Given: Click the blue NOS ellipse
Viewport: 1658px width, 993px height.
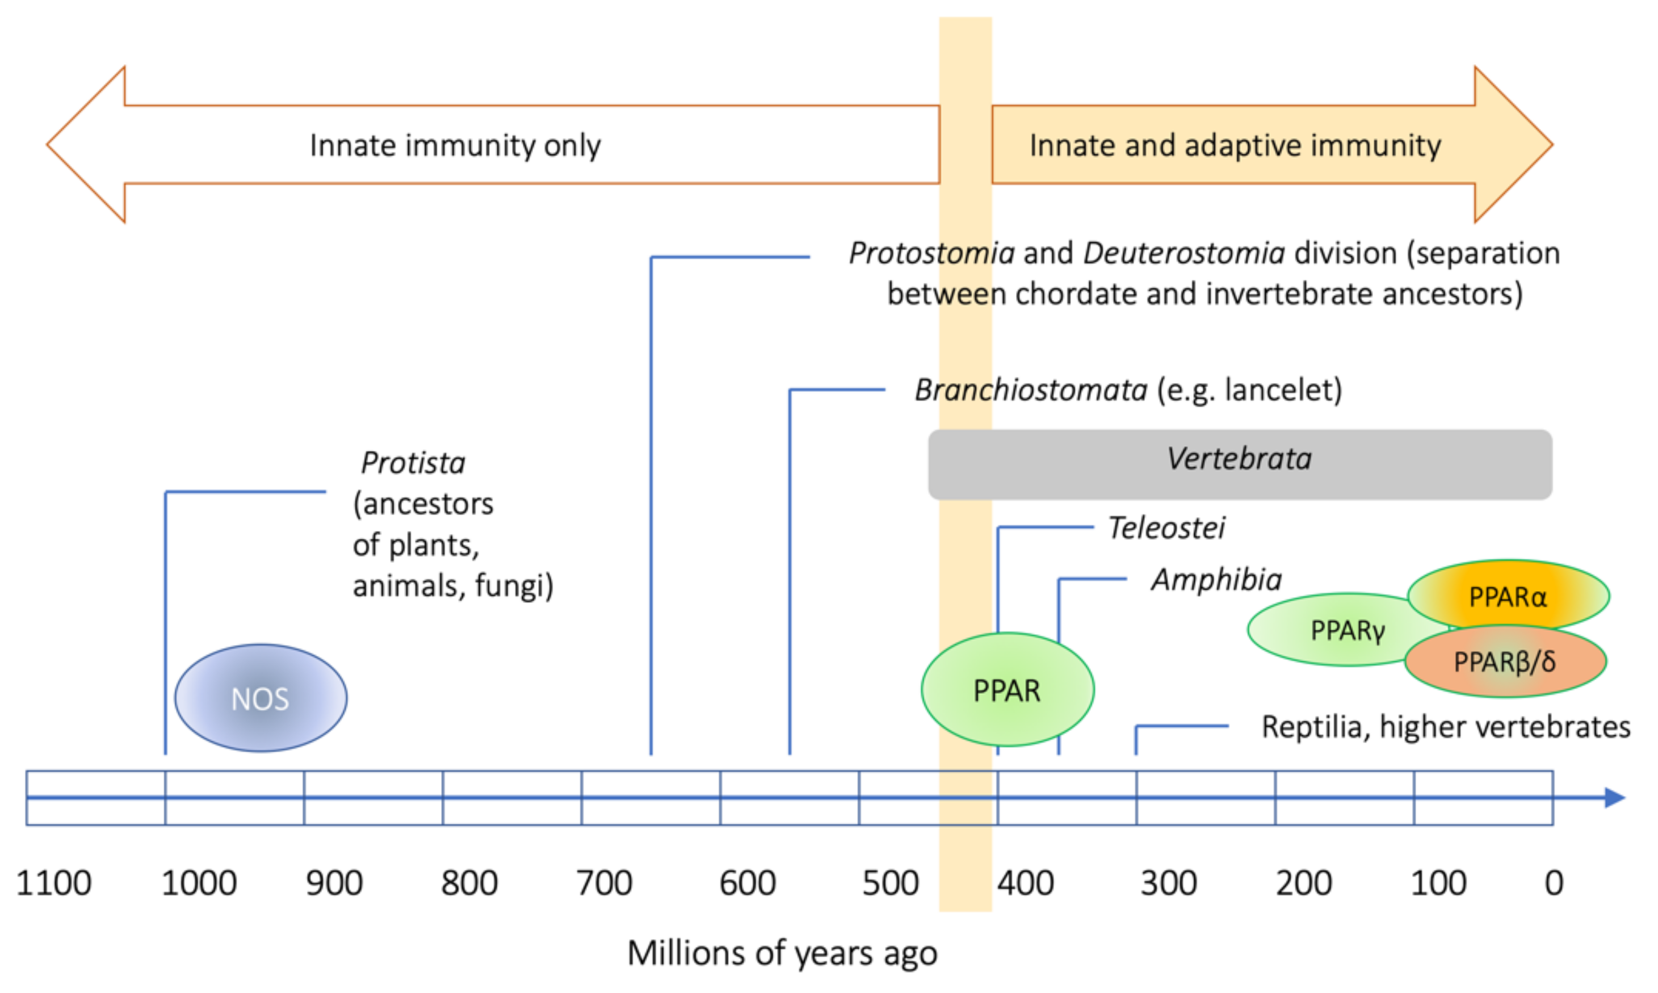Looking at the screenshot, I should click(x=261, y=698).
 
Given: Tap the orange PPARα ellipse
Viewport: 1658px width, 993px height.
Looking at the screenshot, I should click(x=1508, y=596).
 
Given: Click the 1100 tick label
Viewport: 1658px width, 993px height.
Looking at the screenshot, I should click(x=53, y=883).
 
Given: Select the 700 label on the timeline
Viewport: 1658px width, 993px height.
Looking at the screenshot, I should click(x=604, y=883).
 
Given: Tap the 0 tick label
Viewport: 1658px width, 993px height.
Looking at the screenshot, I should click(x=1554, y=883).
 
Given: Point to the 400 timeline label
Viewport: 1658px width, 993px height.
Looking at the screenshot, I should click(x=1025, y=883).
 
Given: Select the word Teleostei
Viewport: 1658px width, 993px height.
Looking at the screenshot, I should click(x=1166, y=527).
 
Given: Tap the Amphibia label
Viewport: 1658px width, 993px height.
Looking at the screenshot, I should click(x=1216, y=580).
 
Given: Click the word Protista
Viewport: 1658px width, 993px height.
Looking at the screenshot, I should click(x=413, y=462).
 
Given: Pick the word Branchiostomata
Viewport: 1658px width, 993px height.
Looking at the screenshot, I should click(x=1031, y=389).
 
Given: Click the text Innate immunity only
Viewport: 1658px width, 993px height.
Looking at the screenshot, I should click(x=455, y=145).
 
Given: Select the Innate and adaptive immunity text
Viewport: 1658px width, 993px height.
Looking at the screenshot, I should click(x=1235, y=145).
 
